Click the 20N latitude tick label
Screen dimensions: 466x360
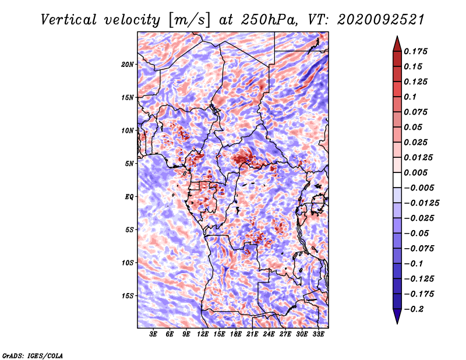point(128,65)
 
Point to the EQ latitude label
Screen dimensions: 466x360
point(129,197)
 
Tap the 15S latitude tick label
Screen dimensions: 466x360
point(128,296)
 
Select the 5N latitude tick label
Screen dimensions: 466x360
point(129,164)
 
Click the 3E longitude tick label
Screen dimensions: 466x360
point(153,334)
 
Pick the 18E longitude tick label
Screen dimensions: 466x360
point(236,334)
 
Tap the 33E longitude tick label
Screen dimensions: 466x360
point(318,334)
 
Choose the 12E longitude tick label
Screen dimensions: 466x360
point(203,334)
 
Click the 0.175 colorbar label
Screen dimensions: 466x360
point(415,51)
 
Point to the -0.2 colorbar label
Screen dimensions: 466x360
point(414,309)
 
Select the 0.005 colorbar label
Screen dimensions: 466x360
point(415,172)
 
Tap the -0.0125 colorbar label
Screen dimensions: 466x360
point(421,203)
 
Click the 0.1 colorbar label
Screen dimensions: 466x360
point(410,97)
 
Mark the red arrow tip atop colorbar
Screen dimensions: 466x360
point(397,37)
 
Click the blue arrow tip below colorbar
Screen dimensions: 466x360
point(397,323)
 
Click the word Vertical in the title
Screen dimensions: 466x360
point(69,20)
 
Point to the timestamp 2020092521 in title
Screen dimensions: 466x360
point(380,20)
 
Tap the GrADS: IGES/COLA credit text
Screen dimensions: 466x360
point(33,356)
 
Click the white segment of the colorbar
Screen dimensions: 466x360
point(397,180)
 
